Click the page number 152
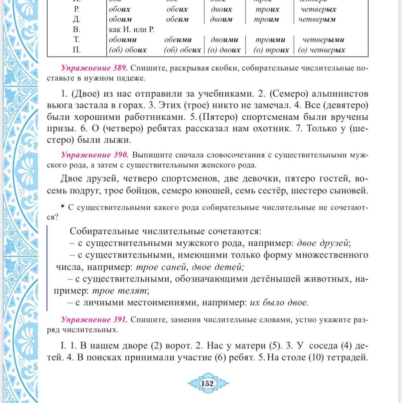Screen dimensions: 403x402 point(208,384)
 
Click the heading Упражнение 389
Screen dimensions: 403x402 point(94,68)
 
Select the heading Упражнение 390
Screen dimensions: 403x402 point(95,155)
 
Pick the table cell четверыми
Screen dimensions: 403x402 point(323,40)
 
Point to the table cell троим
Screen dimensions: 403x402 point(266,19)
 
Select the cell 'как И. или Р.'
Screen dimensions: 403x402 point(131,30)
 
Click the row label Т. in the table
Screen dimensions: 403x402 point(76,40)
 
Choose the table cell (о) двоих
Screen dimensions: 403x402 point(224,50)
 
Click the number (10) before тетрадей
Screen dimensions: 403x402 point(316,357)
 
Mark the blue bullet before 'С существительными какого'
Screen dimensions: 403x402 point(63,206)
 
